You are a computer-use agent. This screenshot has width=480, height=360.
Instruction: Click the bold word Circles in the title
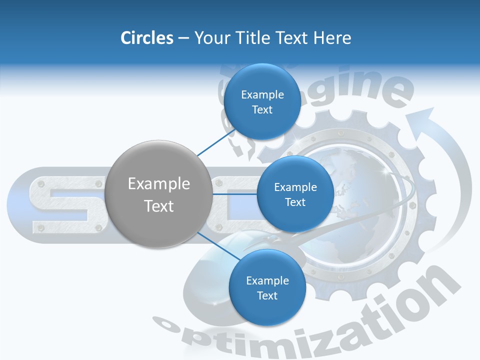146,38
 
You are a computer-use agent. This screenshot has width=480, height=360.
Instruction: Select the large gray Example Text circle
158,194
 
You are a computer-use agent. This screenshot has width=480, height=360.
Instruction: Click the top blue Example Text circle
262,102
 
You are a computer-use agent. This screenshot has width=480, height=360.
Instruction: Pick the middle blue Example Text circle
295,194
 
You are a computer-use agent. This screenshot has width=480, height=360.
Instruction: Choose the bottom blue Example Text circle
267,288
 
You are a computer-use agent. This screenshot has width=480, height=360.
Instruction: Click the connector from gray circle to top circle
210,144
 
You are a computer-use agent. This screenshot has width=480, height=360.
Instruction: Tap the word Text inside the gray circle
158,206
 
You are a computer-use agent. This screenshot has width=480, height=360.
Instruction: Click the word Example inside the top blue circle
262,94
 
